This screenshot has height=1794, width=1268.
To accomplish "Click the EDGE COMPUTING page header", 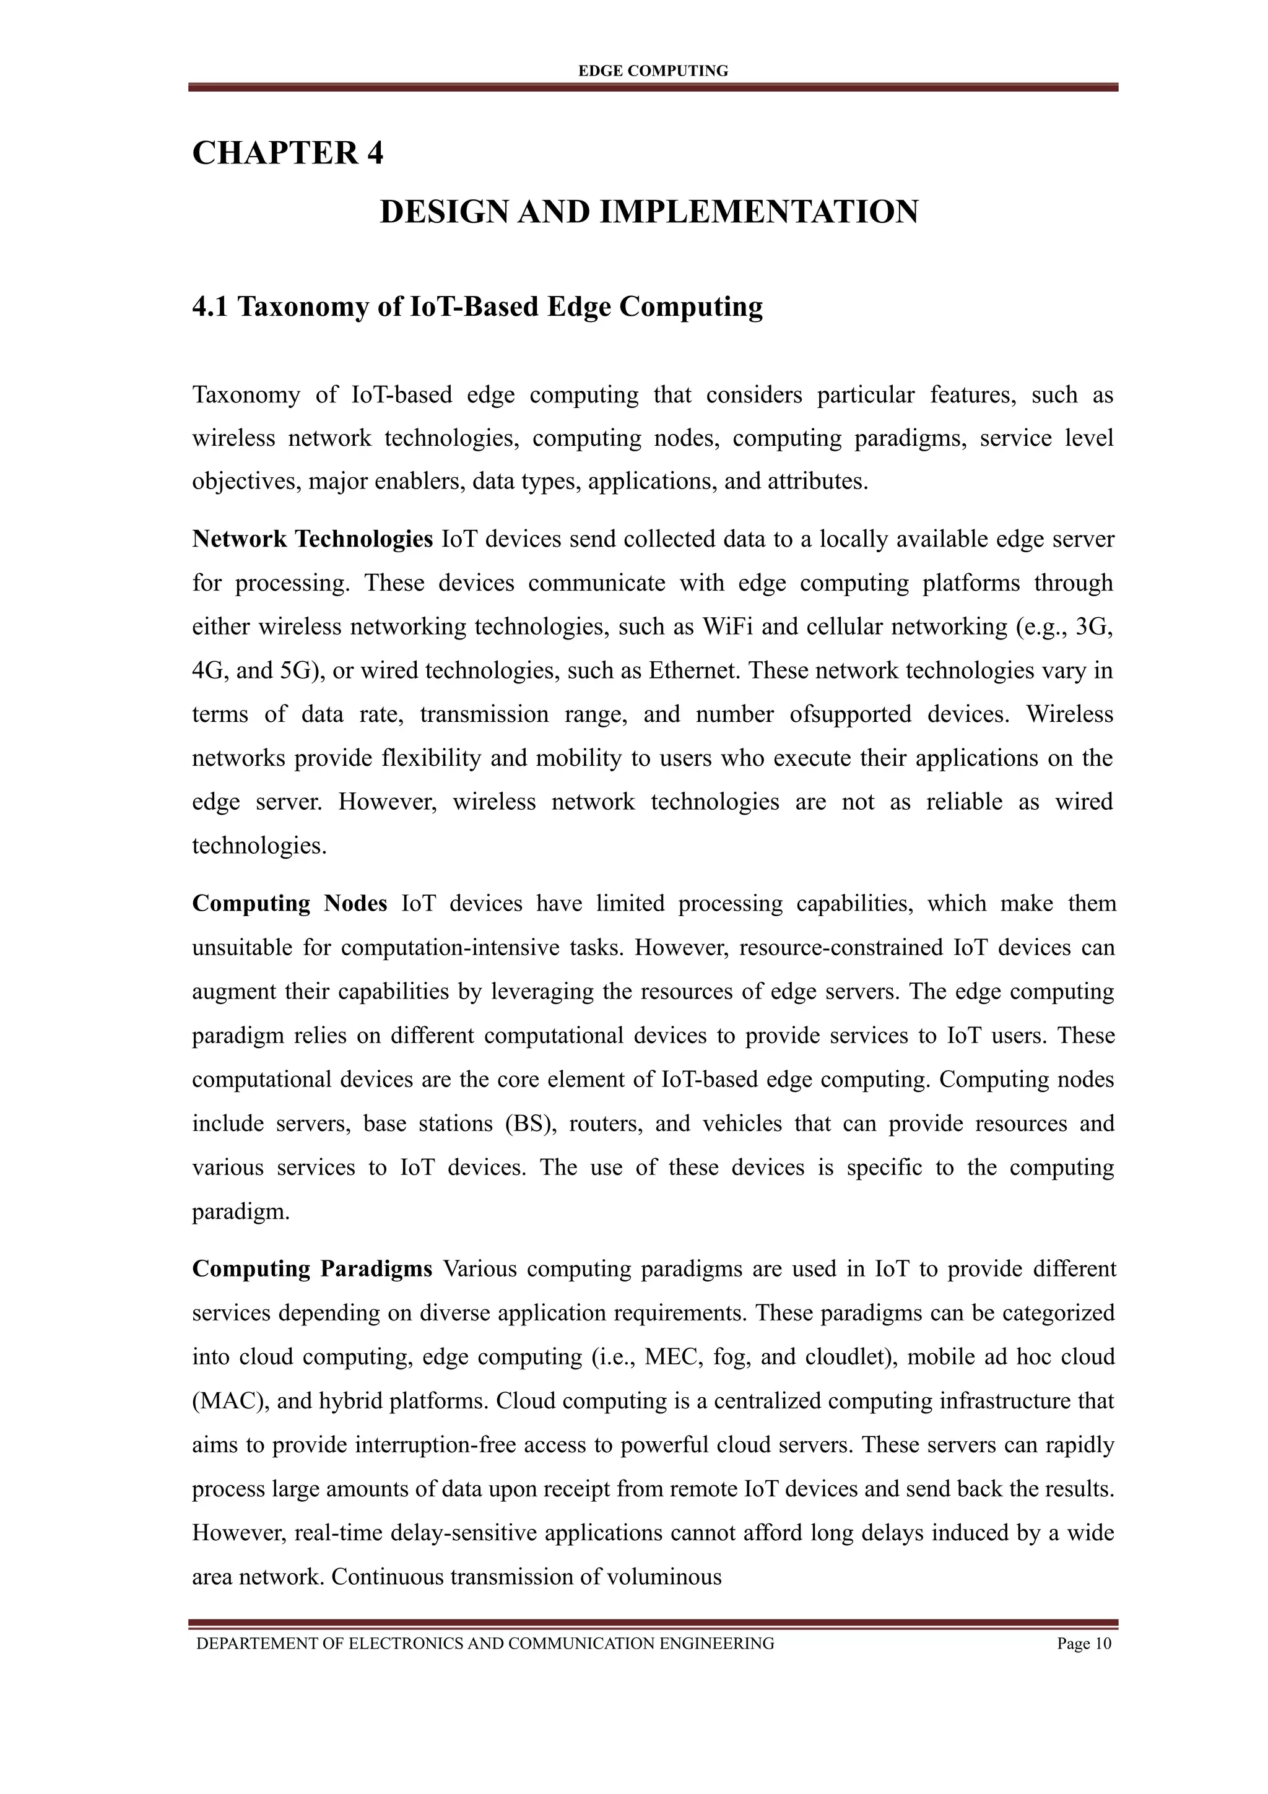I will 653,71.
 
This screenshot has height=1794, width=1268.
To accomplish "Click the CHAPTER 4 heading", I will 287,153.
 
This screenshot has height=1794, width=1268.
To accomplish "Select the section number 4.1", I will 210,307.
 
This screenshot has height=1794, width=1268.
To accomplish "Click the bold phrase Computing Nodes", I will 289,903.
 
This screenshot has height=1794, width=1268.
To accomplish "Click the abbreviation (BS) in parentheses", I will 531,1124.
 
